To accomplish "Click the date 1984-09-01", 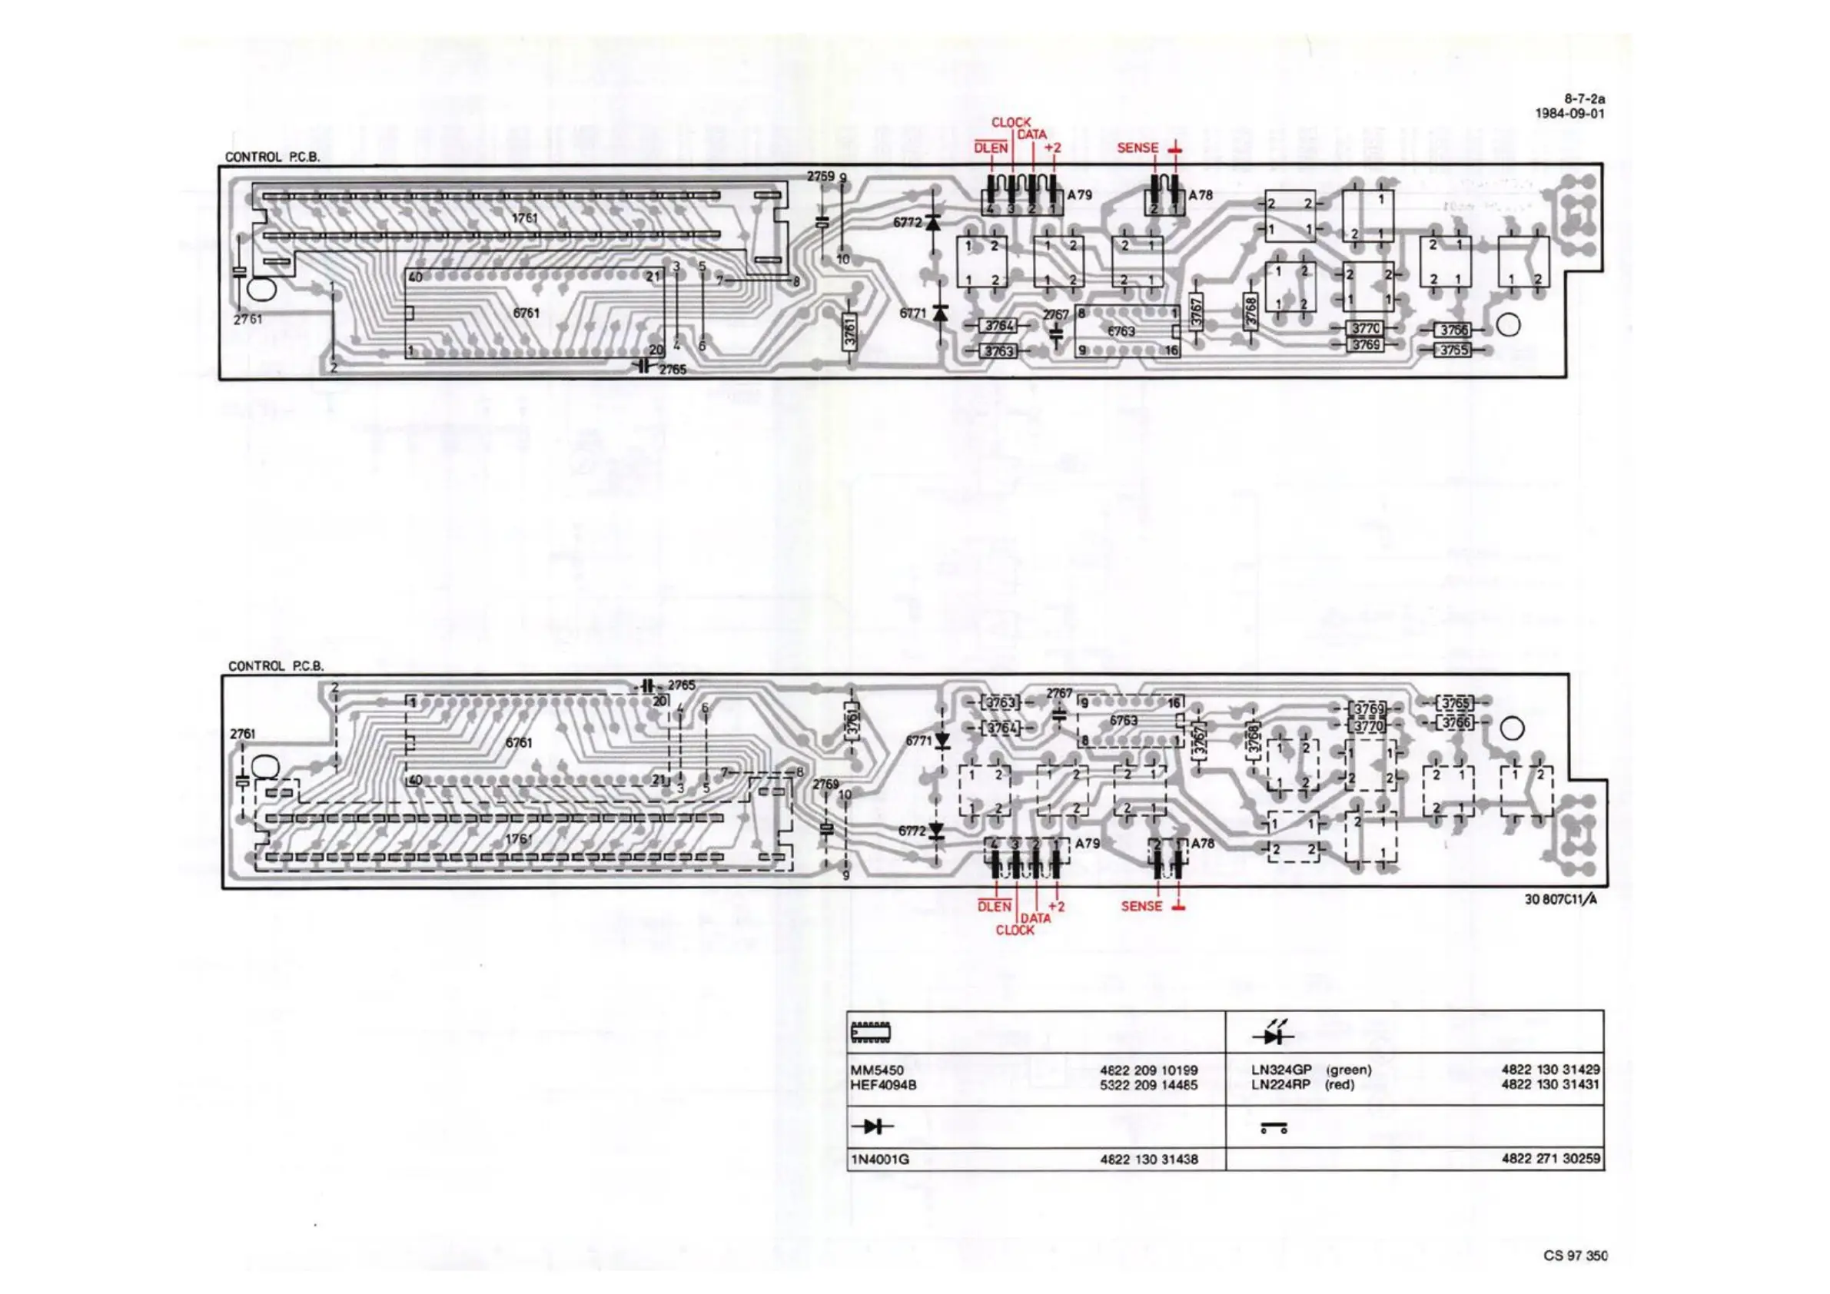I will tap(1569, 113).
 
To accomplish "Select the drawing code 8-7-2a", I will tap(1584, 100).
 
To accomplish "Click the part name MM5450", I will tap(877, 1070).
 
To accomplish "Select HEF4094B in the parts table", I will tap(883, 1084).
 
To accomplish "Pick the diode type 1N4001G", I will tap(880, 1160).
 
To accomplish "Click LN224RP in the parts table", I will tap(1280, 1084).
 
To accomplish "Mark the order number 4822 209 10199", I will tap(1148, 1070).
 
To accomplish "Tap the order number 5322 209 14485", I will tap(1148, 1084).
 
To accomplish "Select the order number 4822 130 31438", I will tap(1148, 1160).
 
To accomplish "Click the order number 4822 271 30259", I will tap(1550, 1159).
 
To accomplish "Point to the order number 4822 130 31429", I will tap(1550, 1070).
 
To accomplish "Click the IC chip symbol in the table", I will tap(871, 1033).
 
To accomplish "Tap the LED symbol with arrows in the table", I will tap(1273, 1034).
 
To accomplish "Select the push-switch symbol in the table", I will tap(1274, 1128).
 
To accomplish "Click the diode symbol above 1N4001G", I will tap(873, 1126).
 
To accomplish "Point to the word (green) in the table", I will tap(1349, 1070).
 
